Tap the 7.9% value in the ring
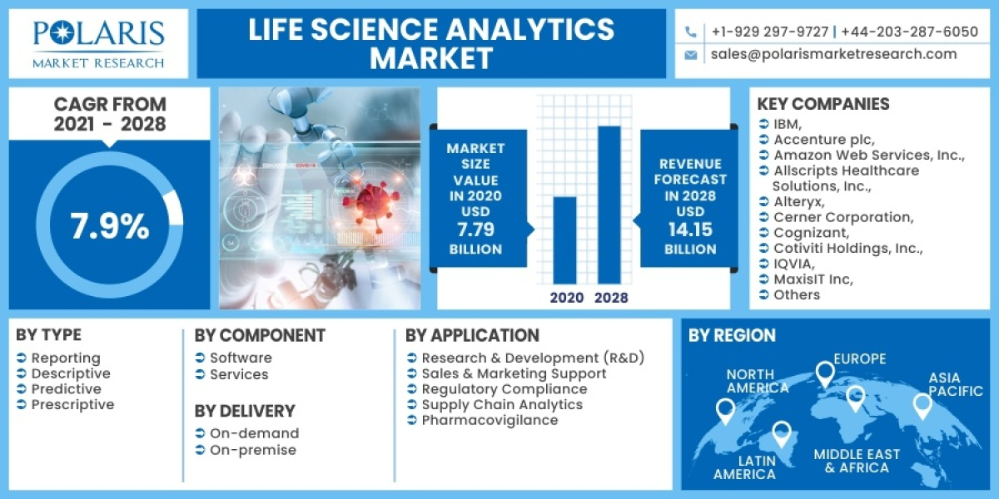coord(109,226)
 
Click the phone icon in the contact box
coord(691,32)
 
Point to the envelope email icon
coord(691,55)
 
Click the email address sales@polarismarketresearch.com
coord(833,54)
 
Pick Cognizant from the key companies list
coord(811,233)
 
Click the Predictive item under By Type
coord(66,389)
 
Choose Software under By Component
coord(241,358)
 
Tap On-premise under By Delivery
coord(252,450)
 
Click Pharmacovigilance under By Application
coord(490,420)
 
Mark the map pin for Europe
coord(824,373)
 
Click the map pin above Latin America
coord(781,432)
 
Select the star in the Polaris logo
coord(62,33)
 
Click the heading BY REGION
coord(732,335)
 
